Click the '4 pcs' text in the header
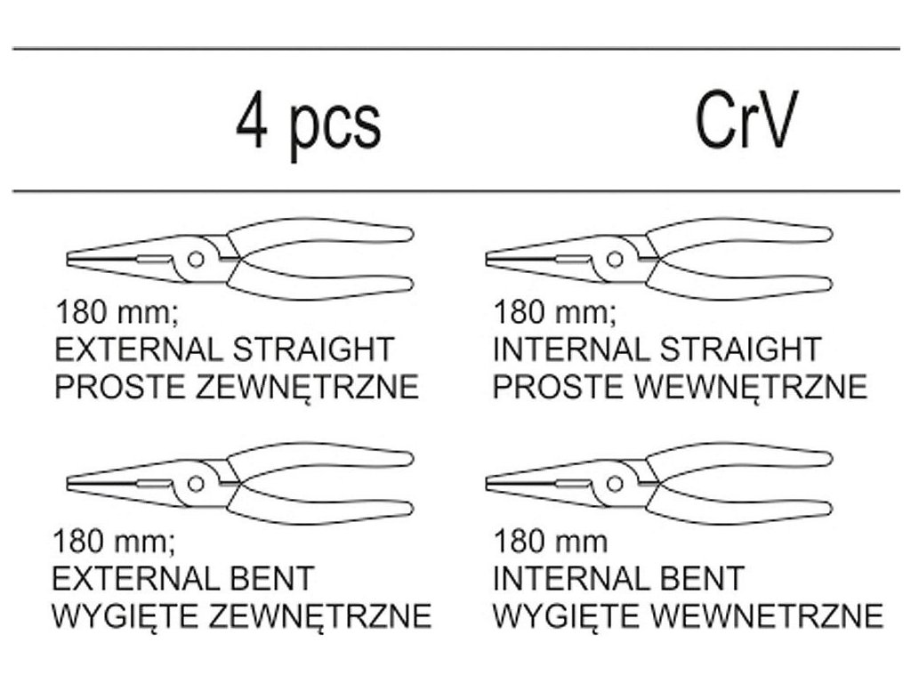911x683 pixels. point(308,125)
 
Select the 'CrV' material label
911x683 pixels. point(746,121)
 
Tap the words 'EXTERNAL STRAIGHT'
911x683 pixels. point(224,349)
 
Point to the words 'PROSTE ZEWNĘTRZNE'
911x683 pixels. point(237,388)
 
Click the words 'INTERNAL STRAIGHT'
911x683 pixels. point(657,349)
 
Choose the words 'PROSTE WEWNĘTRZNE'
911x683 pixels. point(681,388)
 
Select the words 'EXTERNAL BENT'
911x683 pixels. point(183,578)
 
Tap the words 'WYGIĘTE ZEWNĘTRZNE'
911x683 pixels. point(243,615)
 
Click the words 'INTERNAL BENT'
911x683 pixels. point(618,578)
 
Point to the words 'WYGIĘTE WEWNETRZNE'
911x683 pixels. point(688,615)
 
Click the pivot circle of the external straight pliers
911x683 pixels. point(196,259)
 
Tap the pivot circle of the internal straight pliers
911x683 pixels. point(614,259)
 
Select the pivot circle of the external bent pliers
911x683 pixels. point(196,483)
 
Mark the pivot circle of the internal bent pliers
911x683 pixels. point(614,483)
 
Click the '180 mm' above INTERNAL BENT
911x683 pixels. point(551,541)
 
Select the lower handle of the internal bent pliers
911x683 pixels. point(738,510)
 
